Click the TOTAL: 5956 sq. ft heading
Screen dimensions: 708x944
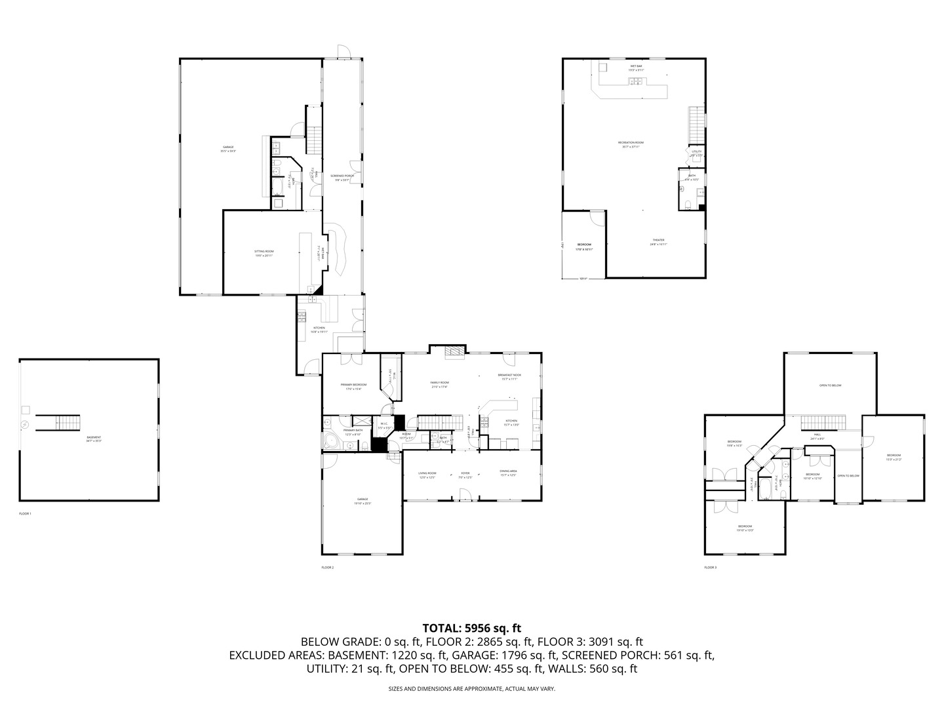point(471,628)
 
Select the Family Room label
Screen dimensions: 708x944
point(439,384)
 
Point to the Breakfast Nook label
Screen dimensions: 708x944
point(509,376)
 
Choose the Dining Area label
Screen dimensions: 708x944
point(509,473)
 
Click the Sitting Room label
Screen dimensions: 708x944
point(264,253)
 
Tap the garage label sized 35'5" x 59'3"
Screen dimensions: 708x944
point(227,149)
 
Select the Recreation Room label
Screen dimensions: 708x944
point(631,144)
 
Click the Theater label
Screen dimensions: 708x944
point(658,241)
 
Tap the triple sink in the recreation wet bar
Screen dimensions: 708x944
point(635,81)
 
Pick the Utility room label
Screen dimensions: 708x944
point(696,153)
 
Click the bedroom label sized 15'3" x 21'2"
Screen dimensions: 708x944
point(894,457)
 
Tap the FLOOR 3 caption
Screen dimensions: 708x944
point(711,567)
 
